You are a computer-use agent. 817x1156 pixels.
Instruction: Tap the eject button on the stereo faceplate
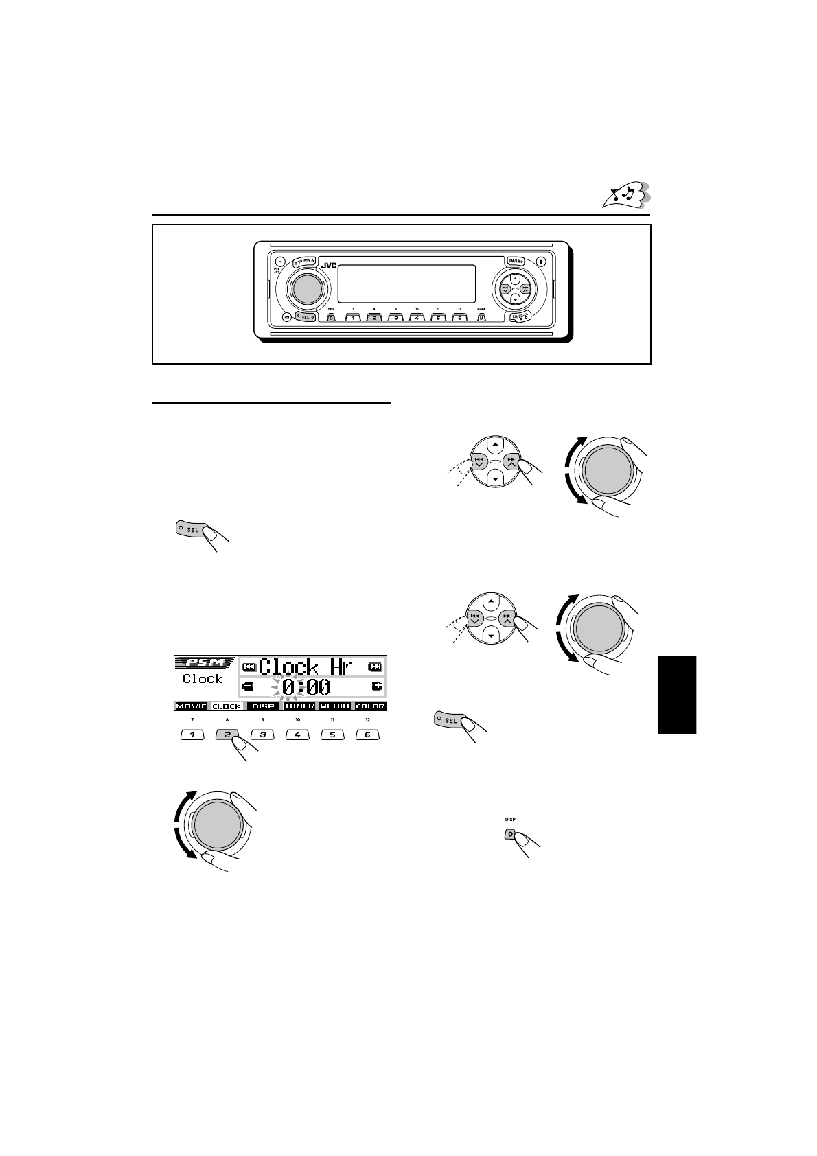pos(542,261)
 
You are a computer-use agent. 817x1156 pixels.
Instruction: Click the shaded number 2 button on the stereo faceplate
pos(373,318)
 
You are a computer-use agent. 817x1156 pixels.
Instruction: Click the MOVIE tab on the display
pos(191,706)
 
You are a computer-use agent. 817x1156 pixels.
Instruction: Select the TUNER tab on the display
pos(299,706)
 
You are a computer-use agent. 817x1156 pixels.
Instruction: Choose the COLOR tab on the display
pos(370,706)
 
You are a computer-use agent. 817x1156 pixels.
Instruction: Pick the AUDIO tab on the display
pos(334,706)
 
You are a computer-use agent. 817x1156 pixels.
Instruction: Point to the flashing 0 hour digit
pos(288,686)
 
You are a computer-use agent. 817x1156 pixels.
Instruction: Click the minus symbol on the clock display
pos(248,686)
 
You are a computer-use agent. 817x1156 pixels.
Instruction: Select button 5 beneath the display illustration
pos(332,735)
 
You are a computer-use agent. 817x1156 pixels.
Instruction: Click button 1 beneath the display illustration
pos(192,735)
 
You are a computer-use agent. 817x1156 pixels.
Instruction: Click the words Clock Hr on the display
pos(306,666)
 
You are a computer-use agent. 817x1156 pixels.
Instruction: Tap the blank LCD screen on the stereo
pos(406,284)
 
